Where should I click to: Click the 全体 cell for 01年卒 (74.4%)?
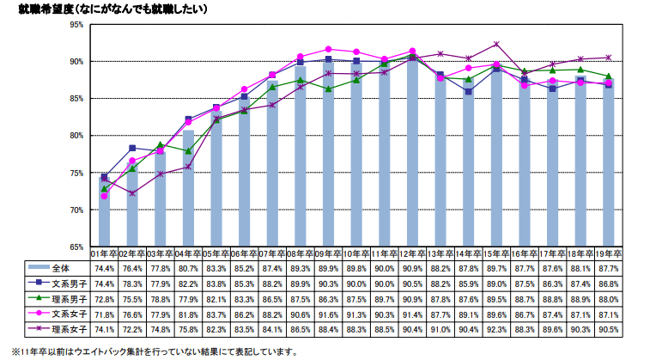[x=104, y=268]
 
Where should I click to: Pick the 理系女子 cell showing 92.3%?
[x=496, y=327]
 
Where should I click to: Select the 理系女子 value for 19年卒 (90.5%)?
[x=608, y=327]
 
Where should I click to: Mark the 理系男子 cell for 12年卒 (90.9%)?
[x=412, y=297]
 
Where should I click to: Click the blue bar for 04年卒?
[x=188, y=189]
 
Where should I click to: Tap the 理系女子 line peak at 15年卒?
[x=496, y=44]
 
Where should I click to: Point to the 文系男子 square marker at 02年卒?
[x=132, y=148]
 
